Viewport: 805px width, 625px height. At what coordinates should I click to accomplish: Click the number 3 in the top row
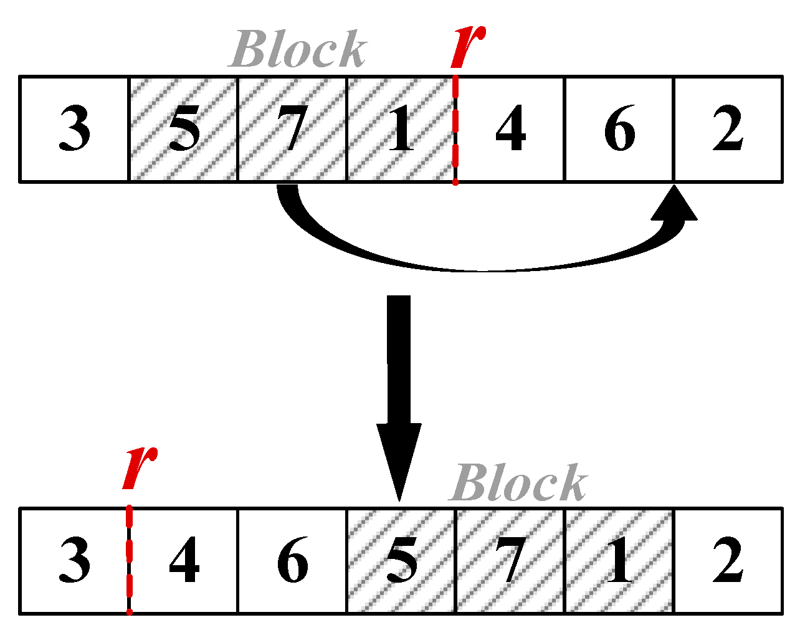coord(74,130)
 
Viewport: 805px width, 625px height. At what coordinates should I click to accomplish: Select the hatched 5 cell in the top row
coord(183,130)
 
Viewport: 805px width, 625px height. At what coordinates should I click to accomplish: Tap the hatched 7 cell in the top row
coord(292,130)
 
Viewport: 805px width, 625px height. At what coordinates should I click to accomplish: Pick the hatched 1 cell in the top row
coord(400,130)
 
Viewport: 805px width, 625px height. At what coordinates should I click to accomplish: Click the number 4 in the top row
coord(510,130)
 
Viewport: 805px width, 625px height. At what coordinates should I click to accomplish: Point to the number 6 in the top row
coord(619,130)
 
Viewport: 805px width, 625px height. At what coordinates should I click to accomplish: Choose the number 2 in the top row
coord(728,130)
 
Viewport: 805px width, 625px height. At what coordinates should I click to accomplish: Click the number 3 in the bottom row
coord(74,561)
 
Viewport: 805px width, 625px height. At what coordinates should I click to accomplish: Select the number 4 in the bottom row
coord(184,561)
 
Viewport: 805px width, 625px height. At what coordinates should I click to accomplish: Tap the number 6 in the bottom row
coord(292,561)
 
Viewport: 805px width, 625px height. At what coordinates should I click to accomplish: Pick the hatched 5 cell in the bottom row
coord(401,561)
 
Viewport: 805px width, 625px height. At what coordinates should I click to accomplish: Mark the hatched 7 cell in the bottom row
coord(510,561)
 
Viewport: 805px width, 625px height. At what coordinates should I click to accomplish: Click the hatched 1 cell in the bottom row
coord(619,561)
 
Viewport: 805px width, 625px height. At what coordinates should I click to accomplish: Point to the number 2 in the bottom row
coord(728,561)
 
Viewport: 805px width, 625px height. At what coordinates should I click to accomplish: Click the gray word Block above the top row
coord(298,49)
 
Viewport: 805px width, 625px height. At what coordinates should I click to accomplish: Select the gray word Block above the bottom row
coord(518,483)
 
